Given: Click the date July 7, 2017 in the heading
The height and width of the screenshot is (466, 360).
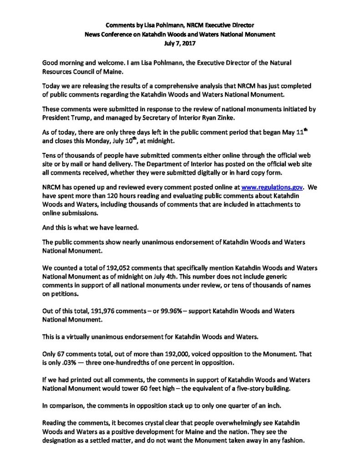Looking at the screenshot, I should [x=180, y=45].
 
